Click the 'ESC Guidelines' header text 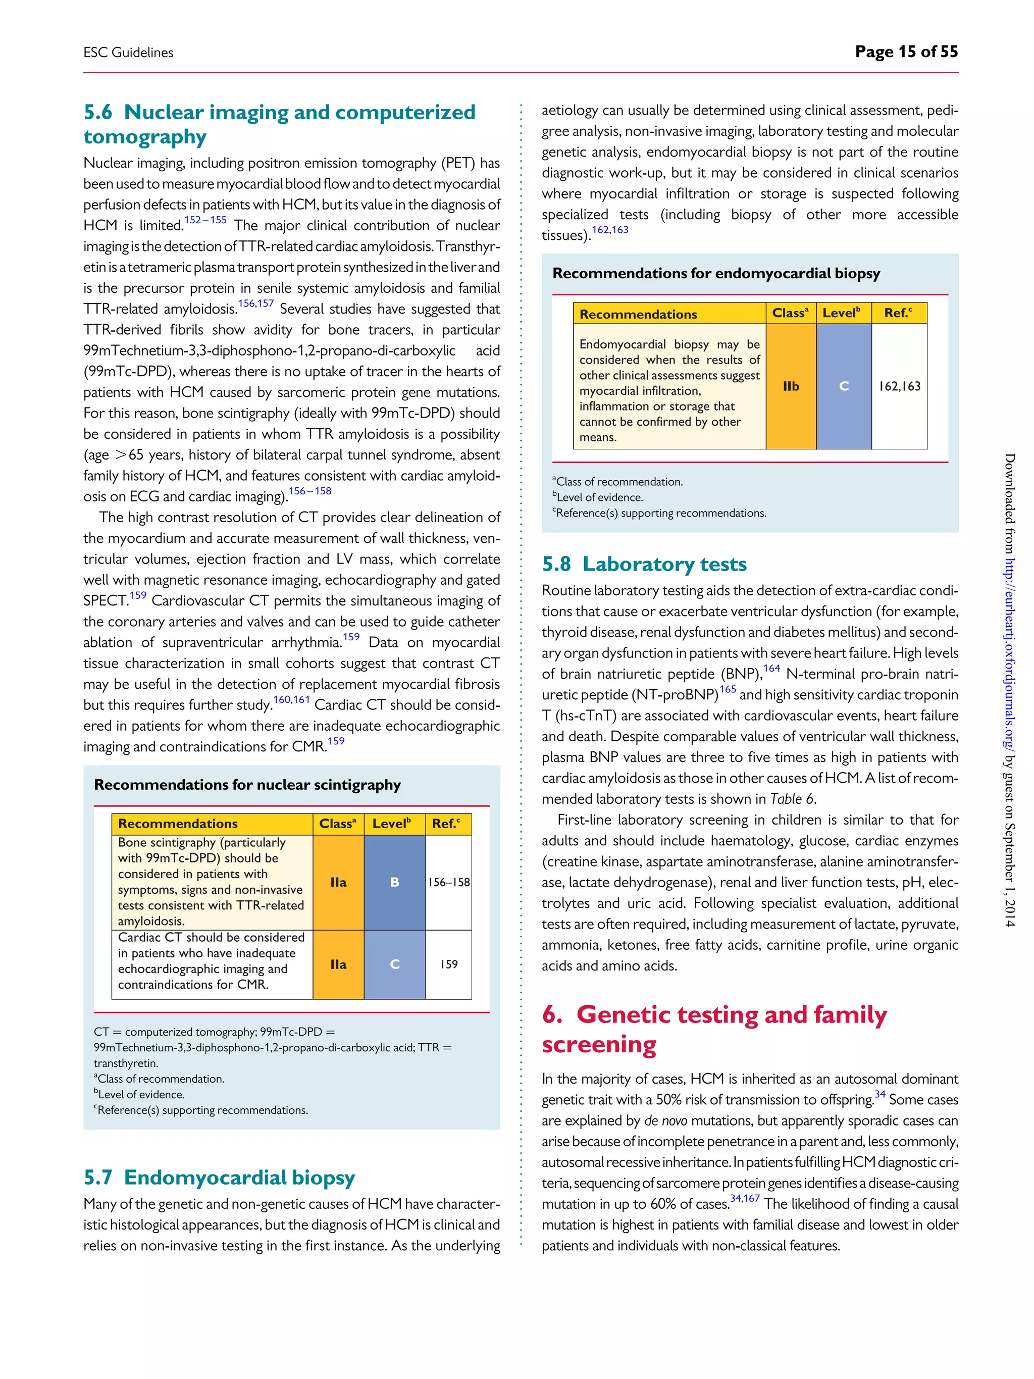(x=128, y=53)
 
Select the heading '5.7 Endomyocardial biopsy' (x=220, y=1177)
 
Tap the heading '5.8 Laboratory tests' (x=644, y=564)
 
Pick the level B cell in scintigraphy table (x=394, y=882)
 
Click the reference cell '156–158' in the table (x=449, y=882)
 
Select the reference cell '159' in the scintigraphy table (x=449, y=964)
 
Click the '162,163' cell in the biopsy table (x=899, y=386)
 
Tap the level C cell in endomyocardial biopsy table (x=843, y=386)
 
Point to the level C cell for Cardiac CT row (x=394, y=964)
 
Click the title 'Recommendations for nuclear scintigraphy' (x=247, y=784)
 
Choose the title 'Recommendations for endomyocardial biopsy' (x=716, y=273)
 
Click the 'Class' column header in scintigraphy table (x=337, y=824)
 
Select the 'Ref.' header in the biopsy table (x=898, y=313)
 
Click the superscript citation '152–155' (x=205, y=220)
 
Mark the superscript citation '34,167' (x=744, y=1199)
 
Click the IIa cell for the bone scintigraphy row (x=338, y=882)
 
